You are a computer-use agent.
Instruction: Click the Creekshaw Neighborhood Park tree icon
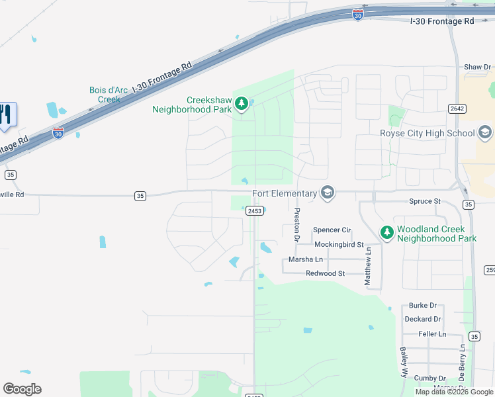(242, 103)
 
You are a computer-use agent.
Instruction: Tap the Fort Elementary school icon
(326, 193)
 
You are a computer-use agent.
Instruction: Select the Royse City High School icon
(485, 132)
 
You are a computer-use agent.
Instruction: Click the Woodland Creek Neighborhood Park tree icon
(387, 233)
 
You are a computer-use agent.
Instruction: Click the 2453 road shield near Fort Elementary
(255, 210)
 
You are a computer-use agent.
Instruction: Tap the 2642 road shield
(457, 109)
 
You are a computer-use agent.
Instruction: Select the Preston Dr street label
(297, 225)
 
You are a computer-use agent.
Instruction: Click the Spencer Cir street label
(332, 230)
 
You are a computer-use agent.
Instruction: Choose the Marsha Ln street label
(306, 259)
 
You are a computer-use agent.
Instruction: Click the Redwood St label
(326, 273)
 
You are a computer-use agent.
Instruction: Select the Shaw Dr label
(478, 67)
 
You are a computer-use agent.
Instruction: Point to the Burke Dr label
(423, 306)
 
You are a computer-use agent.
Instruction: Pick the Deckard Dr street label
(422, 319)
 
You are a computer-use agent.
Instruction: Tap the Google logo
(22, 389)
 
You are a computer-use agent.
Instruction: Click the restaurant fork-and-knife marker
(7, 114)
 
